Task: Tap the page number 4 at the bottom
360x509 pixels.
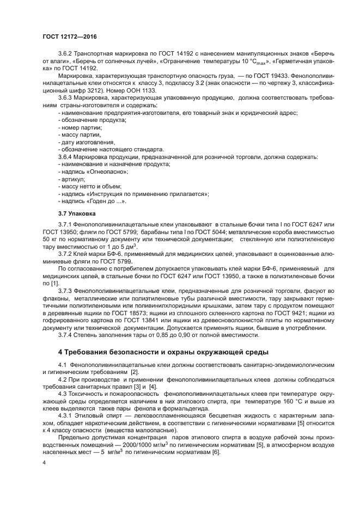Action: [x=44, y=463]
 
